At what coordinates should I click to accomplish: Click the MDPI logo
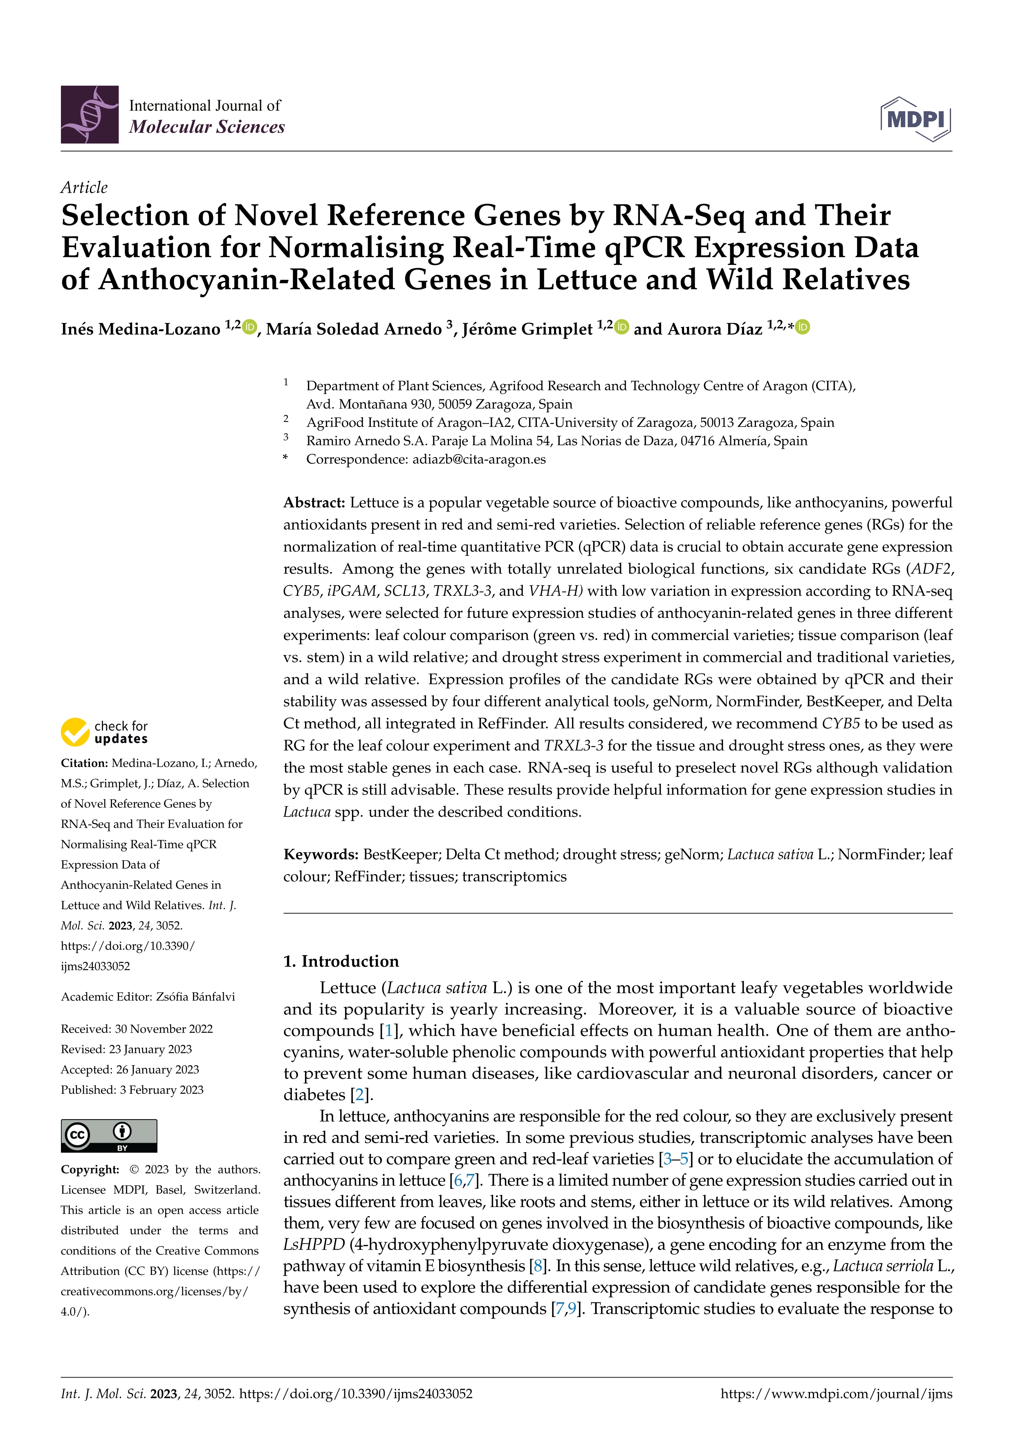point(915,119)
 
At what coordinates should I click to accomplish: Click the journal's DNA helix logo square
point(89,115)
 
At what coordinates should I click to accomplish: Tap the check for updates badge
point(104,732)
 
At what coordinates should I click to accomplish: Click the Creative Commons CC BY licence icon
point(109,1136)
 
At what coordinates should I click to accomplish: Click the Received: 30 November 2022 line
point(137,1029)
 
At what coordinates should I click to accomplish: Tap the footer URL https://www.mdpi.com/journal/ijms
point(836,1394)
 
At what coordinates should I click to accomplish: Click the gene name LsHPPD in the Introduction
point(314,1245)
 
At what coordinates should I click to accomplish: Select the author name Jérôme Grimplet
point(527,329)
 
